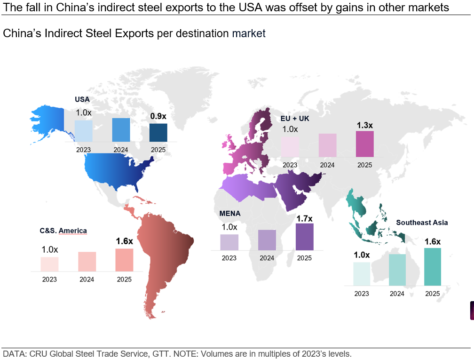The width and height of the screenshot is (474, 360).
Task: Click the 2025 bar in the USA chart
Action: [158, 132]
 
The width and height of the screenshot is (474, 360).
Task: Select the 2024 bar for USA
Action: [121, 129]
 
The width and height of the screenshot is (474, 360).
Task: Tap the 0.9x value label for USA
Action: [158, 116]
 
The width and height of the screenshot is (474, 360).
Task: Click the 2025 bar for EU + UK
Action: [364, 144]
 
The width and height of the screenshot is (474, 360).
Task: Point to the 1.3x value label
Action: [364, 125]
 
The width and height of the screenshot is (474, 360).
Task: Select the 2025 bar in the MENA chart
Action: [304, 237]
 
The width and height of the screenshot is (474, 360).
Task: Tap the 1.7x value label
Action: [304, 218]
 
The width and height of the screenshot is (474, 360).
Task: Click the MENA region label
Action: [230, 213]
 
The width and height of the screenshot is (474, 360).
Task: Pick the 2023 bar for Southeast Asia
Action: [362, 274]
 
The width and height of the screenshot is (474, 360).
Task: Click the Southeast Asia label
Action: [422, 223]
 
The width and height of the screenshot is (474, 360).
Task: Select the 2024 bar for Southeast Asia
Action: [397, 270]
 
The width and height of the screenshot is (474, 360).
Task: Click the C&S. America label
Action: [63, 231]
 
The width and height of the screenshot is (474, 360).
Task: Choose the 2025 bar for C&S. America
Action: [124, 260]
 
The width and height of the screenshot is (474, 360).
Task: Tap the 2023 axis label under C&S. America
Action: [49, 279]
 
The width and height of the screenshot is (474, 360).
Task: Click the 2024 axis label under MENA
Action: [267, 258]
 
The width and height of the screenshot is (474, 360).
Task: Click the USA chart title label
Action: [82, 99]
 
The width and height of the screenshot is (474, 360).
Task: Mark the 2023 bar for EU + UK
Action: [290, 147]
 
